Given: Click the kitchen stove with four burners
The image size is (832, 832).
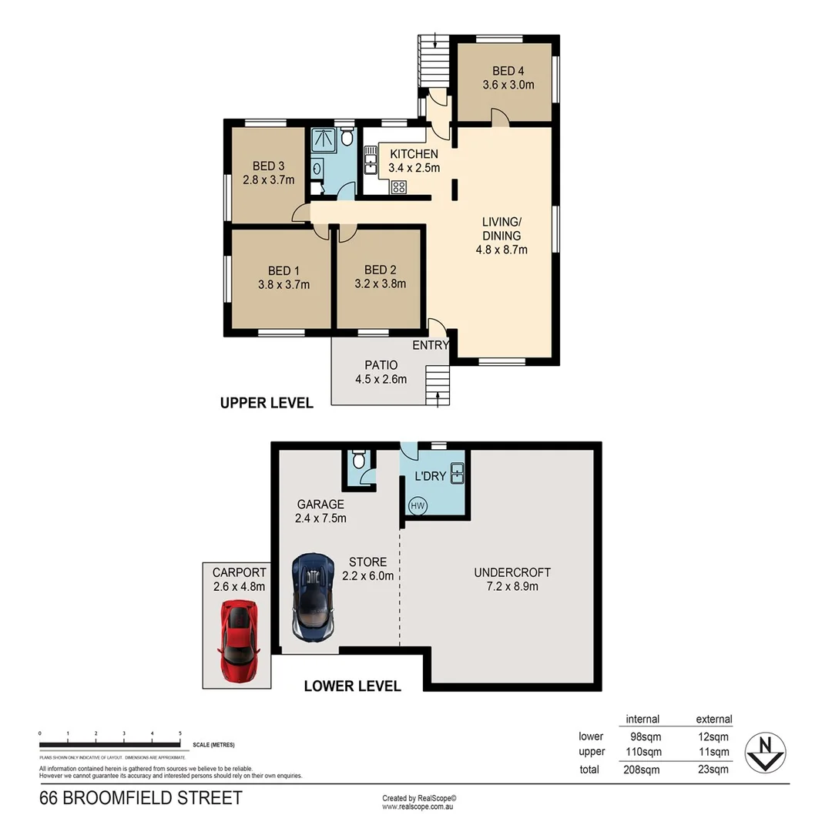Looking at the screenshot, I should (x=399, y=186).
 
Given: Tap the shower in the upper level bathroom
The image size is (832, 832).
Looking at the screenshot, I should (x=323, y=139).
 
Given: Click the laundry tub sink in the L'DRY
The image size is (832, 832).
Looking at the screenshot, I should (x=457, y=472).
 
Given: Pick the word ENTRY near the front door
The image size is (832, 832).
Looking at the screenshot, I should (x=430, y=345).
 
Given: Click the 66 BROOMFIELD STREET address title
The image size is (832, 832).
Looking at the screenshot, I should (x=140, y=798).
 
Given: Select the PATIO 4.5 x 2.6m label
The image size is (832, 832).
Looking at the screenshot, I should (x=381, y=371).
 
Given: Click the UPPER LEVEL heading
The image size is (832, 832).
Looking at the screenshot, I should (x=267, y=403).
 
